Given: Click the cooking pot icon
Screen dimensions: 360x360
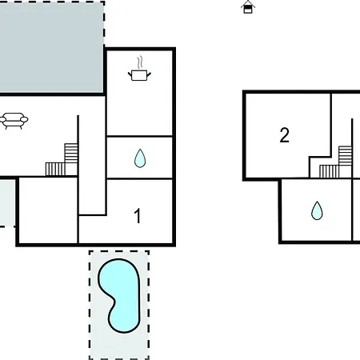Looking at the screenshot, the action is [139, 75].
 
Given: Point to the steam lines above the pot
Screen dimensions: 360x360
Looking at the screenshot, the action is [140, 62].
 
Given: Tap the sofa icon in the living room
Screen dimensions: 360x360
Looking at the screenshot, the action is [14, 121].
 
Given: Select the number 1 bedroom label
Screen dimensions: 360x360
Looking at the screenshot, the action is [138, 216].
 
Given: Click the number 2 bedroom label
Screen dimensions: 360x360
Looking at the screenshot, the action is [284, 135].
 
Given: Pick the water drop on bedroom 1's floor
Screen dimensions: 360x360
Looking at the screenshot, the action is [140, 158].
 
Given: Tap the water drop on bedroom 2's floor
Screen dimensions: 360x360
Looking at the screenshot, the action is [317, 210].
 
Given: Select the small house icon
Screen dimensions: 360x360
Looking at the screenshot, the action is [248, 7].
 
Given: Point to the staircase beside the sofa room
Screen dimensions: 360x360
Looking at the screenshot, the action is [62, 160].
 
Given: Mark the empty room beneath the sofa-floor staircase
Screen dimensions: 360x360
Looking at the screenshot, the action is [48, 210].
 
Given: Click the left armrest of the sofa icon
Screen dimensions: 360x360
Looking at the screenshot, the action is [2, 119].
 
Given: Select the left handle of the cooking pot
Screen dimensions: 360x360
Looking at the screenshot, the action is [130, 74].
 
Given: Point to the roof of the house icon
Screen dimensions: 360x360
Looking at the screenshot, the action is [248, 3].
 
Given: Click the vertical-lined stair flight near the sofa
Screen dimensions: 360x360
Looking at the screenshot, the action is [55, 170].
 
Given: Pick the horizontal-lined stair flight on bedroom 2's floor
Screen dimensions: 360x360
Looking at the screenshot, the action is [346, 155].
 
